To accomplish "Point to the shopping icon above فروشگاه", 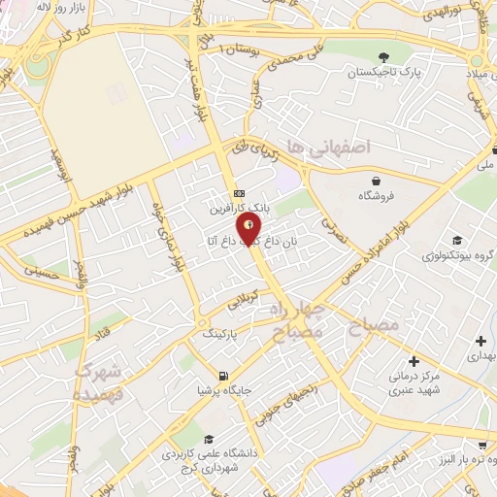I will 376,180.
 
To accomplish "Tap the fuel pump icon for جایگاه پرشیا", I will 225,376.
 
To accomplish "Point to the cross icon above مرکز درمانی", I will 414,360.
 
